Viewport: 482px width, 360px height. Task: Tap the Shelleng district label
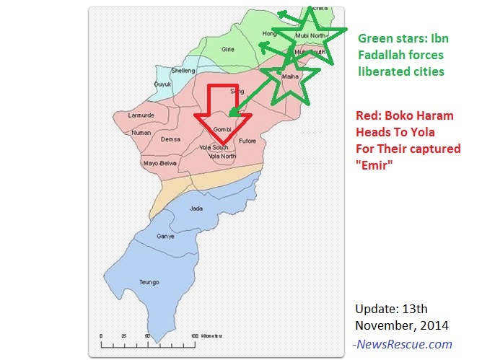tap(183, 70)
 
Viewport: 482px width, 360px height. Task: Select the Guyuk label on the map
tap(162, 84)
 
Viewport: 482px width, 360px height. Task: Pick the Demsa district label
tap(170, 139)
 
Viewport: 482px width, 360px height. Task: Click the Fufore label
tap(247, 141)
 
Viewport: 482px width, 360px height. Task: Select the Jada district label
tap(195, 208)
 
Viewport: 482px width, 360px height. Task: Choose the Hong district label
tap(269, 33)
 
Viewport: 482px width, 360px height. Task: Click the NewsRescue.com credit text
tap(402, 344)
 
